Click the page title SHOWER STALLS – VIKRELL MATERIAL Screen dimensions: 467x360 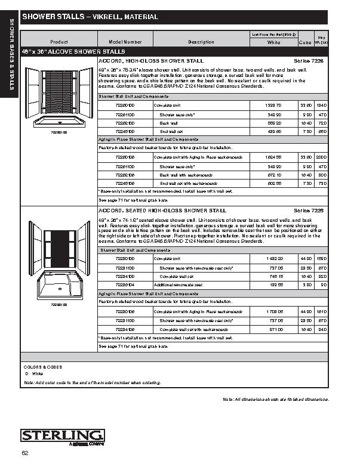click(x=90, y=18)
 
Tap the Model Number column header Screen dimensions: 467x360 click(x=125, y=42)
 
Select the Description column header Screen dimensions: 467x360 click(x=201, y=42)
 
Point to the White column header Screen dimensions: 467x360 click(x=273, y=42)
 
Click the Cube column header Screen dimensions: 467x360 click(x=304, y=42)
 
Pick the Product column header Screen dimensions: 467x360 click(x=59, y=42)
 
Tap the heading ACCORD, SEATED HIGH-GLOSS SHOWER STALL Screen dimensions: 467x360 click(x=162, y=211)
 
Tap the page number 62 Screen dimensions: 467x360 click(x=24, y=454)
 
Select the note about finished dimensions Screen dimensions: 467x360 click(x=275, y=398)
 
